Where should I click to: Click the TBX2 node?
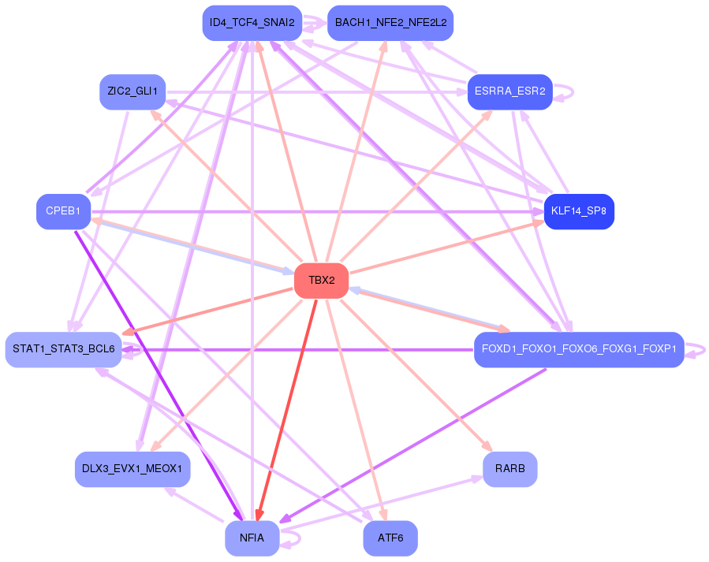321,281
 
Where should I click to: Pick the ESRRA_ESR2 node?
509,91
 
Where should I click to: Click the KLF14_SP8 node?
579,211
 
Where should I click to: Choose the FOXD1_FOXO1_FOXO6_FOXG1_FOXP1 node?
578,349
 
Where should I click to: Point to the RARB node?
509,469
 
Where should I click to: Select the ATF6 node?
390,538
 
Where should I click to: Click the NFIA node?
252,538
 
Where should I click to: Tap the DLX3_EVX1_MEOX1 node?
132,469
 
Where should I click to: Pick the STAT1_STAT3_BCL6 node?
63,349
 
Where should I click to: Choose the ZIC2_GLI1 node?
132,91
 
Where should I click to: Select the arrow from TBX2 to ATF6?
355,410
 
